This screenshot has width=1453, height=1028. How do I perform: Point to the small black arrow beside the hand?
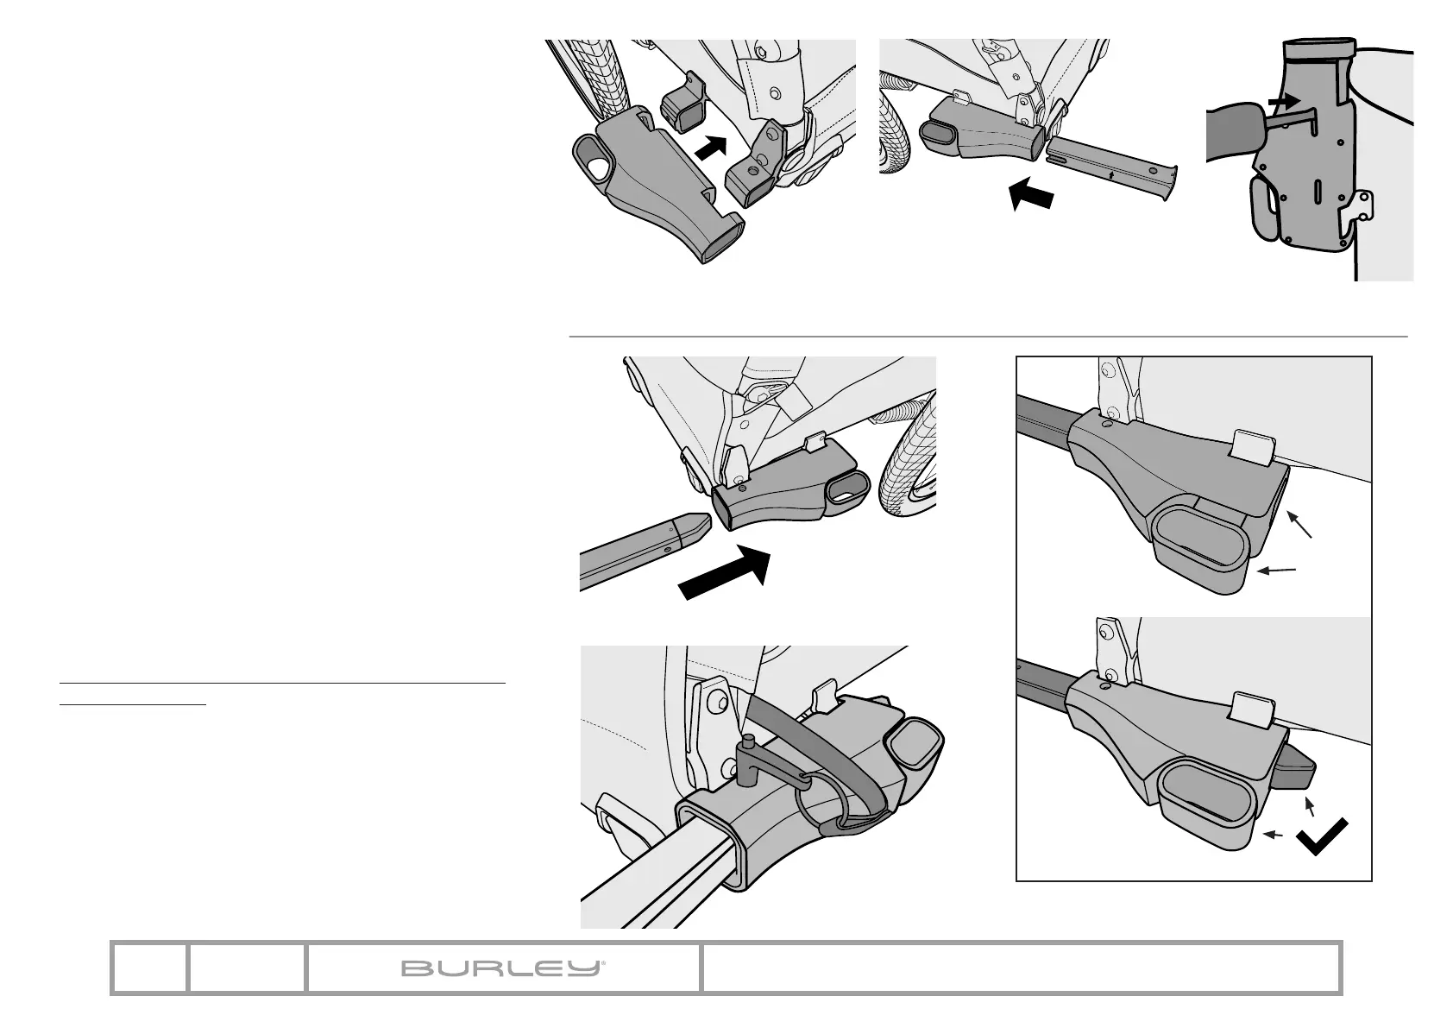click(1285, 101)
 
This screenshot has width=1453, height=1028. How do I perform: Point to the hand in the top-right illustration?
click(1236, 129)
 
